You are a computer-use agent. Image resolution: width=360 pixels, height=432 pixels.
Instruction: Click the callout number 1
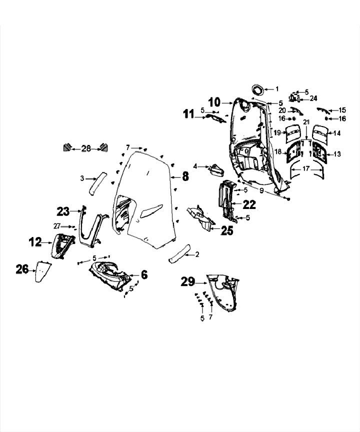(x=277, y=89)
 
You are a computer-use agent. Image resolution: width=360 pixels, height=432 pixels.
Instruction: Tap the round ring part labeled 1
(x=258, y=90)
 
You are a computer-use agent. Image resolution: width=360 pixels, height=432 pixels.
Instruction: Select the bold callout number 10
(x=214, y=102)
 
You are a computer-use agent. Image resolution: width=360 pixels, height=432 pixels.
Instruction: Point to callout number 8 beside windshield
(x=185, y=176)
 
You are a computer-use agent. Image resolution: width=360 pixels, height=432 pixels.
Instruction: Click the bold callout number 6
(x=144, y=274)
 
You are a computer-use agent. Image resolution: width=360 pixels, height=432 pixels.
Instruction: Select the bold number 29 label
(x=188, y=282)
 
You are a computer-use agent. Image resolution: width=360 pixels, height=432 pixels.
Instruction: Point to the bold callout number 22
(x=249, y=204)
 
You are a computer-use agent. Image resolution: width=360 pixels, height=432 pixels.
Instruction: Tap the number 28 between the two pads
(x=86, y=148)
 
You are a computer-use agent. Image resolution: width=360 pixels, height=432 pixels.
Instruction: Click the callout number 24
(x=313, y=98)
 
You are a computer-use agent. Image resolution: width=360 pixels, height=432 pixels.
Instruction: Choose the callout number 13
(x=337, y=154)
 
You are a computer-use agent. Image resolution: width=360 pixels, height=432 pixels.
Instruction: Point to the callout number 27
(x=57, y=226)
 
